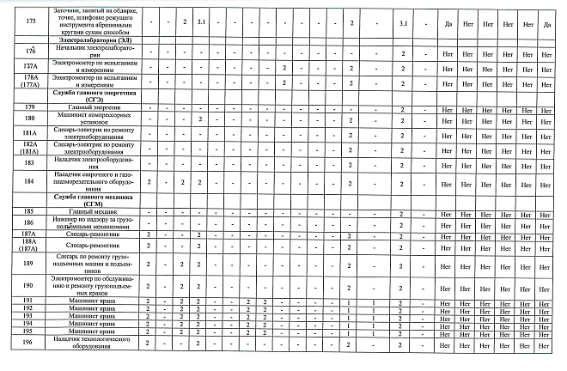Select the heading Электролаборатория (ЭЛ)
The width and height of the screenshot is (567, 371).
click(94, 41)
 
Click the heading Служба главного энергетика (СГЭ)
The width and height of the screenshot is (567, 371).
click(94, 94)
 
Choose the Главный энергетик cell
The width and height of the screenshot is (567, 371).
click(94, 107)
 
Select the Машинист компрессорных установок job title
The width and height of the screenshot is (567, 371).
click(94, 119)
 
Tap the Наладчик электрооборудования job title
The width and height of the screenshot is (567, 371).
click(94, 162)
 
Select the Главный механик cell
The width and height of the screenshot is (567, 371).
click(94, 211)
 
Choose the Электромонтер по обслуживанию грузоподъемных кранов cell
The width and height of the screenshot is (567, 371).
click(94, 286)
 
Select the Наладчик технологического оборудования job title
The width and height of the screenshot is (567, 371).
click(94, 343)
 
